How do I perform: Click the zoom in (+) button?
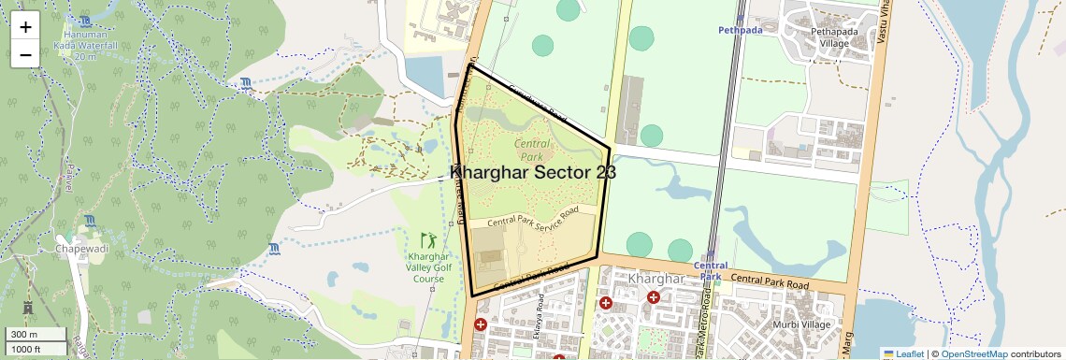point(25,26)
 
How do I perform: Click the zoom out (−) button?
point(25,54)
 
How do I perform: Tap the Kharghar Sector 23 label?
point(533,173)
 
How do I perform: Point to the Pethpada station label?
point(741,30)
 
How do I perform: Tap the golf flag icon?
point(428,240)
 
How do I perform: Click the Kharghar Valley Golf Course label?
point(428,267)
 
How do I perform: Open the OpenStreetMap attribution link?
point(974,353)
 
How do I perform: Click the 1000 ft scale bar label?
point(27,349)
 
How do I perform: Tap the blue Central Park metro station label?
point(711,271)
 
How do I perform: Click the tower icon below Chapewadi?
point(27,308)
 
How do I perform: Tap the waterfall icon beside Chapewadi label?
point(89,221)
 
